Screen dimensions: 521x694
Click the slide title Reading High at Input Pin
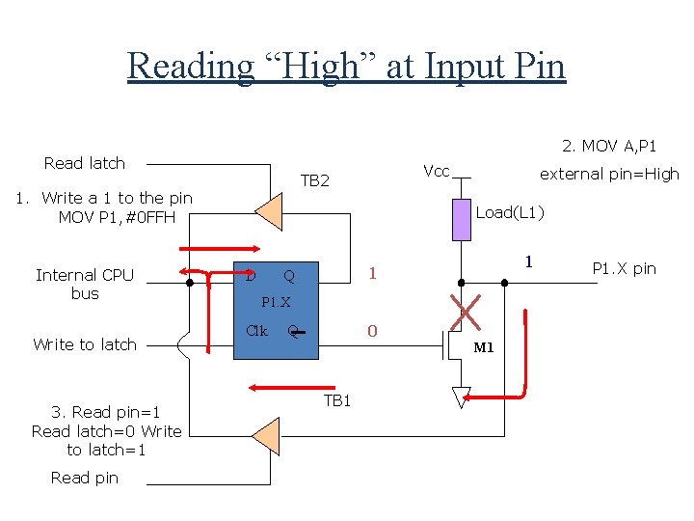346,67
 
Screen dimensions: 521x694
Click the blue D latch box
279,307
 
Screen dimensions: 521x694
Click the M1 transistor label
483,347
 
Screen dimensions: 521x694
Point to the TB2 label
314,180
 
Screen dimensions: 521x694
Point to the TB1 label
336,400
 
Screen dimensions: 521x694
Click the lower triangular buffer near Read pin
267,436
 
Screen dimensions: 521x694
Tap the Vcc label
437,171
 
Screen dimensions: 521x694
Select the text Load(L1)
510,212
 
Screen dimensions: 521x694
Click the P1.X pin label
624,268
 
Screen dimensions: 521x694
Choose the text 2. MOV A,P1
609,146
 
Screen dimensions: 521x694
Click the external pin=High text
608,174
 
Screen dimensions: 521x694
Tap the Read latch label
85,163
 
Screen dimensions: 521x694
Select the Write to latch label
85,344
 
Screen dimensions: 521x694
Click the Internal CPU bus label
85,284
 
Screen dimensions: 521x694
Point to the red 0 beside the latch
372,332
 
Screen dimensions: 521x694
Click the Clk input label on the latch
256,330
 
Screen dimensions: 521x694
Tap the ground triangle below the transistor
462,397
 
